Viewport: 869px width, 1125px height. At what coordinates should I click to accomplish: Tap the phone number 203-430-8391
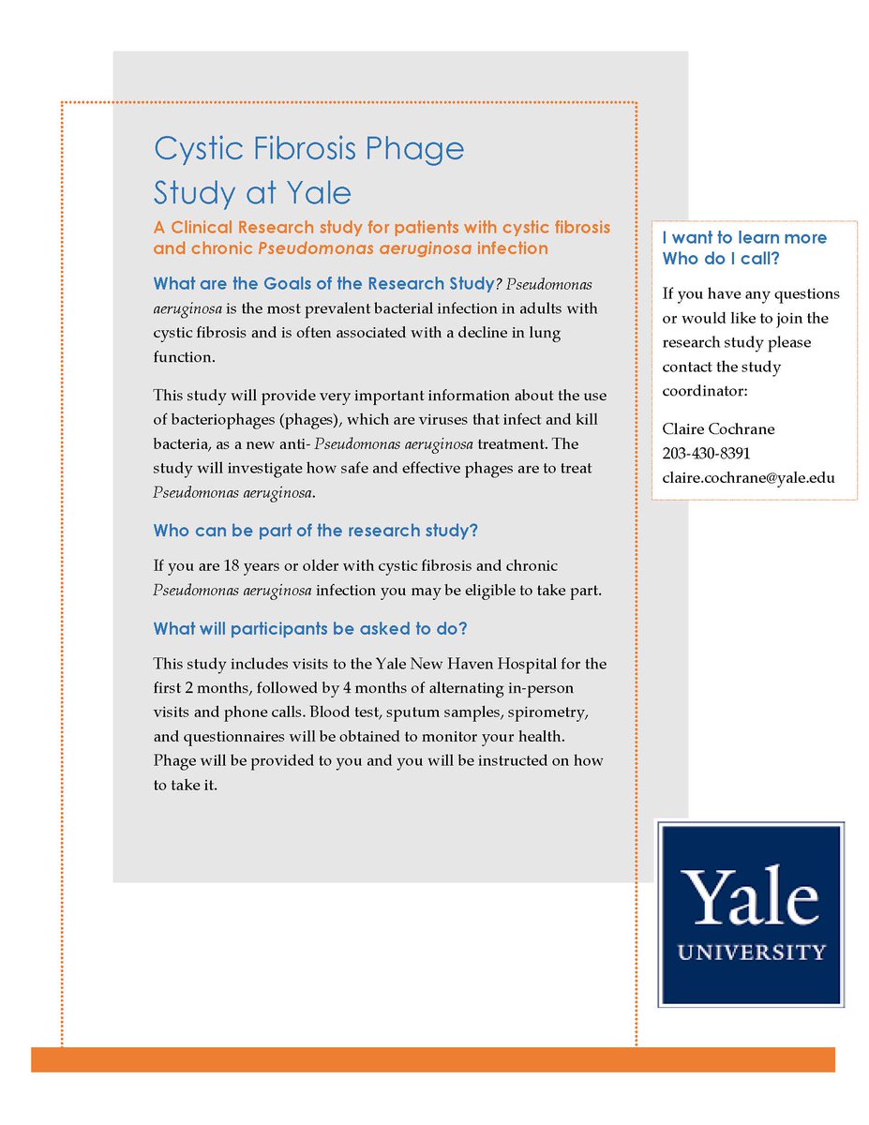[706, 454]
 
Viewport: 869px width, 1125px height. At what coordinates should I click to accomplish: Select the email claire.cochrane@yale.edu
[748, 478]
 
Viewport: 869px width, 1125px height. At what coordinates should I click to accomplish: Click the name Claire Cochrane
[718, 429]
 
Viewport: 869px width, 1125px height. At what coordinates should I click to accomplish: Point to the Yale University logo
[751, 914]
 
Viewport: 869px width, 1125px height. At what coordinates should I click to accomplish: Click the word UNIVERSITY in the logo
[751, 952]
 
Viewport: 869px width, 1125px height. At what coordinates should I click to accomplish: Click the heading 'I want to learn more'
[744, 238]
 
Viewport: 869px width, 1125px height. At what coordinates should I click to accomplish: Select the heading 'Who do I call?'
[720, 259]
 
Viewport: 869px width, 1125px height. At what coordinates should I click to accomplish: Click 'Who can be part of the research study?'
[316, 531]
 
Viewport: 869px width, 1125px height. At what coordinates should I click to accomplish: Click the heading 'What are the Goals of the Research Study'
[323, 283]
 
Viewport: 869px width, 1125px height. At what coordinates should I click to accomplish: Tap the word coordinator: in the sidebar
[704, 390]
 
